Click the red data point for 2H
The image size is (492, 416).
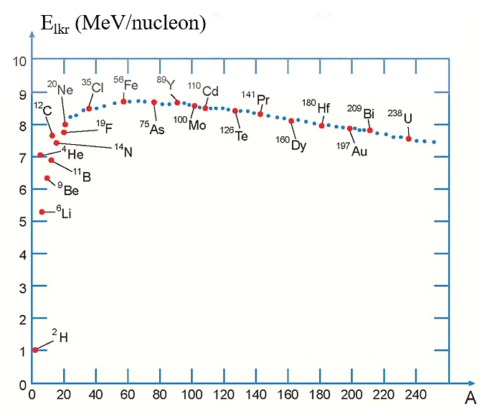point(34,350)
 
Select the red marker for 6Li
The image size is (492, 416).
point(42,212)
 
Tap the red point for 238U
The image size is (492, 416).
point(409,138)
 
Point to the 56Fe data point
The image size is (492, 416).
point(123,102)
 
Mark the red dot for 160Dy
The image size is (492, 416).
point(291,120)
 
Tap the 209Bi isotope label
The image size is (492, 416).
point(364,112)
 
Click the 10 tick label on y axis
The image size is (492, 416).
point(20,61)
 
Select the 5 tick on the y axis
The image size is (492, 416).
point(22,222)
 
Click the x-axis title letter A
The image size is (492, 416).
point(470,399)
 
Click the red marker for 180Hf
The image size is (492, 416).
point(322,126)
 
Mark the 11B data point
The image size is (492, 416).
point(51,160)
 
